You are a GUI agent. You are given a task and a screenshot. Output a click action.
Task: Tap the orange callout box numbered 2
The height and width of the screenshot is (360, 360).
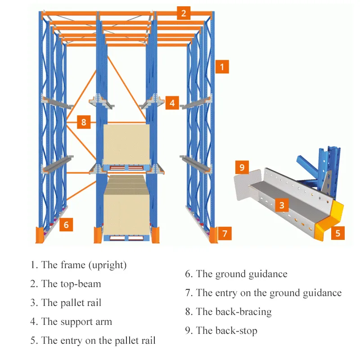point(183,13)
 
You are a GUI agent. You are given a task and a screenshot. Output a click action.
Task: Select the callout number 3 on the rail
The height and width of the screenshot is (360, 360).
point(282,205)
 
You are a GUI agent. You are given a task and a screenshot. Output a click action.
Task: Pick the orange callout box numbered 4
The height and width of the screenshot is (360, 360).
point(172,103)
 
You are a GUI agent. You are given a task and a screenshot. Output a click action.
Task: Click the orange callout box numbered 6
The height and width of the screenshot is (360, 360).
point(66,224)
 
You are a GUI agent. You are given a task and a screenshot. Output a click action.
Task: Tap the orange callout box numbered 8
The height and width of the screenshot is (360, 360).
point(84,121)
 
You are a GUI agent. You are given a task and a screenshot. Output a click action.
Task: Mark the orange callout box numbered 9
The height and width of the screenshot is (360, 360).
point(242,167)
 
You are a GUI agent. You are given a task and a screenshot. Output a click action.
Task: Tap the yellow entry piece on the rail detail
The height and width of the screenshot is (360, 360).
point(331,219)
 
